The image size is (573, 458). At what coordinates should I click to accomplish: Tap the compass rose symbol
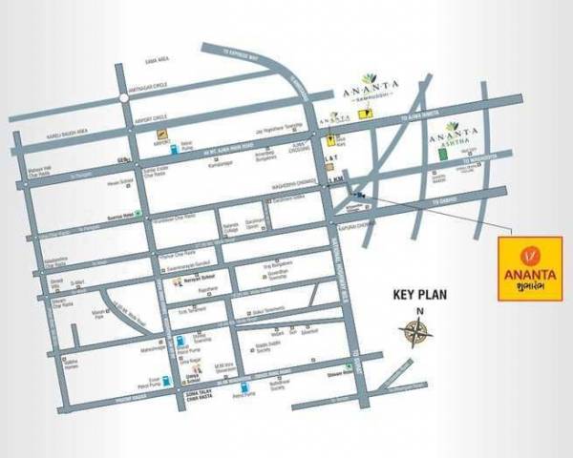click(x=415, y=331)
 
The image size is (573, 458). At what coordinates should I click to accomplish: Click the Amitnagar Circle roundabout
click(x=124, y=96)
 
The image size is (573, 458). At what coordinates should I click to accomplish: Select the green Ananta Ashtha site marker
click(x=442, y=153)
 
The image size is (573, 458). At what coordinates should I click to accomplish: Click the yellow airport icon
click(x=162, y=135)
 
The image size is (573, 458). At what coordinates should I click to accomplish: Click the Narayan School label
click(x=197, y=282)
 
